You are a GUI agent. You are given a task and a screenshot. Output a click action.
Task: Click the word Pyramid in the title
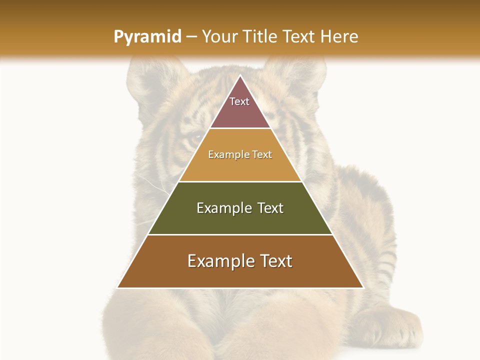[x=147, y=37]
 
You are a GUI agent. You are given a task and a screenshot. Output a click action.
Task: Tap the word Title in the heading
[x=260, y=37]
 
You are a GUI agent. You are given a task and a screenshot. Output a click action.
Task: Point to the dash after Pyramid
[x=191, y=37]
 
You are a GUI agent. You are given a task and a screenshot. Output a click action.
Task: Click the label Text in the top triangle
[x=239, y=101]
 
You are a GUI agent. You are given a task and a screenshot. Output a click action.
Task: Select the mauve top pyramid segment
[x=240, y=112]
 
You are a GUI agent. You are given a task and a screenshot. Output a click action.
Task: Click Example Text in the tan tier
[x=240, y=154]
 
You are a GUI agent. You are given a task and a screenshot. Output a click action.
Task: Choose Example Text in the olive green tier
[x=240, y=208]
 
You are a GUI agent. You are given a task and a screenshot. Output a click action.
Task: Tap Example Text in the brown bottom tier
[x=240, y=261]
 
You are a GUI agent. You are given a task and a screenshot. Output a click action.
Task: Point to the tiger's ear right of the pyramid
[x=300, y=75]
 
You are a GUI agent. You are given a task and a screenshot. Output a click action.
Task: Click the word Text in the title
[x=300, y=37]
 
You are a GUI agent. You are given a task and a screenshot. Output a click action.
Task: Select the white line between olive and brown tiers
[x=240, y=234]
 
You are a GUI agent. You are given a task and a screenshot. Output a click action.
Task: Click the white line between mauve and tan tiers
[x=240, y=128]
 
